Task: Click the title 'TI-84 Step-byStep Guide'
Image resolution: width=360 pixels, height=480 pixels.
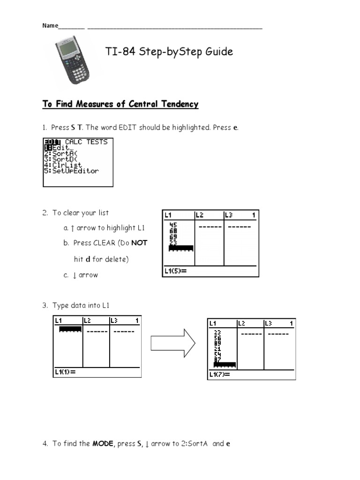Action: pos(169,52)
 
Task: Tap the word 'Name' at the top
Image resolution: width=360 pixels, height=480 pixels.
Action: pos(50,26)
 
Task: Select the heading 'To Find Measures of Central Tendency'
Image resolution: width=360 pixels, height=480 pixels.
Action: pos(120,104)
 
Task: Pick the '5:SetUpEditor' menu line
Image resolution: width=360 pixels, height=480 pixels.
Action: pos(71,171)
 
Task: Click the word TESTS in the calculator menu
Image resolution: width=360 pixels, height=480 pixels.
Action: pos(97,142)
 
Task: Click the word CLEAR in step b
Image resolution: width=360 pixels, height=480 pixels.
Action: pos(106,243)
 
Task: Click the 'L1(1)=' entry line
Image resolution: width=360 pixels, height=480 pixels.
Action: pos(65,372)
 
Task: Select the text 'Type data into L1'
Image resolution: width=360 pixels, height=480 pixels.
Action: pos(81,305)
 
